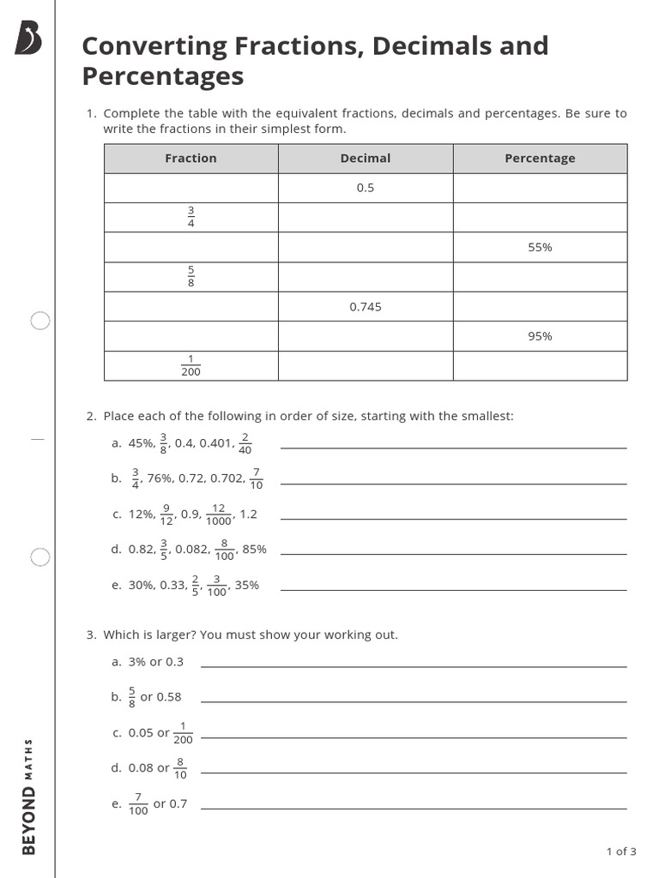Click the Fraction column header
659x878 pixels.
(x=190, y=159)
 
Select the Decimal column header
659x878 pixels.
(x=365, y=159)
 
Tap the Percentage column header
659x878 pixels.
(x=540, y=159)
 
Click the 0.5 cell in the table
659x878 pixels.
(x=366, y=188)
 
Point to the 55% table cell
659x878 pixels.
(x=540, y=247)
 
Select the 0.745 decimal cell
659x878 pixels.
(x=366, y=307)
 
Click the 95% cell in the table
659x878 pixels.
(x=540, y=336)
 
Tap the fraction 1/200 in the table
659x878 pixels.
(x=190, y=366)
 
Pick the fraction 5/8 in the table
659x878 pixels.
(x=190, y=277)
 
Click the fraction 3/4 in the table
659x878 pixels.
(x=190, y=217)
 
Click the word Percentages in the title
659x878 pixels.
(x=163, y=76)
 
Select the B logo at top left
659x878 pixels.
(x=28, y=39)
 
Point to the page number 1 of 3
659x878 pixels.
(x=621, y=851)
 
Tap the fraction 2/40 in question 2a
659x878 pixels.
(x=245, y=443)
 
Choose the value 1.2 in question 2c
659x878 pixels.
(x=248, y=514)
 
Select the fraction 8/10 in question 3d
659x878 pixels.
(x=180, y=768)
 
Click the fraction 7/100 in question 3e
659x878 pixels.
(x=138, y=804)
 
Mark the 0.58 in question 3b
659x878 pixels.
(x=169, y=697)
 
